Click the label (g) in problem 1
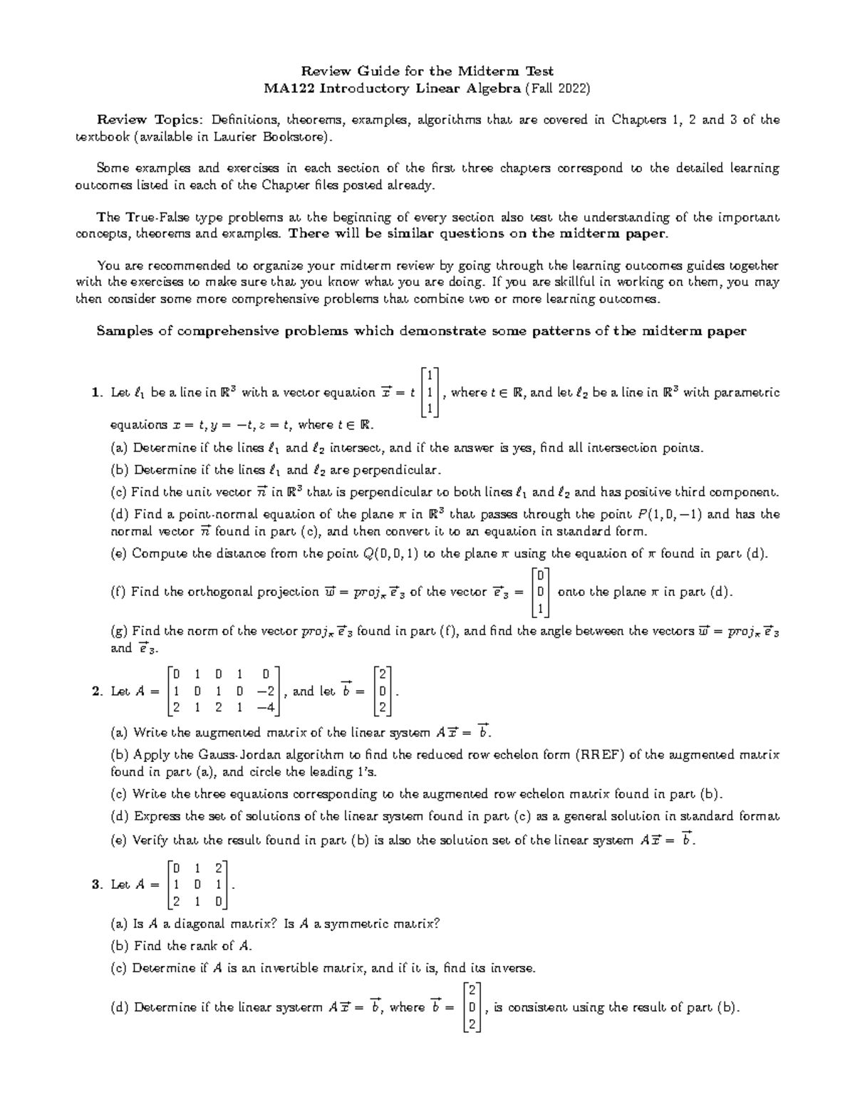coord(120,632)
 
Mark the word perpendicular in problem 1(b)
coord(399,470)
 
